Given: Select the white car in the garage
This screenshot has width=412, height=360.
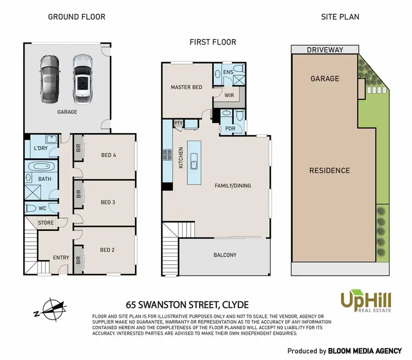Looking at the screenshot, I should [x=82, y=79].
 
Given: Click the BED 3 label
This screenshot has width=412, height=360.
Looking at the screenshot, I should [x=108, y=202].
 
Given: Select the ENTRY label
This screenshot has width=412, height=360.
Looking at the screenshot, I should [x=60, y=257].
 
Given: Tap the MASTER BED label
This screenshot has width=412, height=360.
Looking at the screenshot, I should [x=186, y=87].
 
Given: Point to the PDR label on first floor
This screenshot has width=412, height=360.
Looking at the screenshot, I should [x=229, y=129].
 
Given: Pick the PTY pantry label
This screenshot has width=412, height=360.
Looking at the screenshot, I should [x=178, y=123].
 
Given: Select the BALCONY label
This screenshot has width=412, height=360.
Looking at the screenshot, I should [x=225, y=255].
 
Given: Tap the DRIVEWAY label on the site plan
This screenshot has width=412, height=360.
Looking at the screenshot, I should [x=325, y=49].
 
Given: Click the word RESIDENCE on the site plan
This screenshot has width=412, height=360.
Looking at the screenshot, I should [x=329, y=170].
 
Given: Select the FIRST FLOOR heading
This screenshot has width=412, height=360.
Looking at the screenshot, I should [x=213, y=42].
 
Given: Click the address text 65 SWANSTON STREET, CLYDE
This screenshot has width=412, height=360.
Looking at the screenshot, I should [x=187, y=304].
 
